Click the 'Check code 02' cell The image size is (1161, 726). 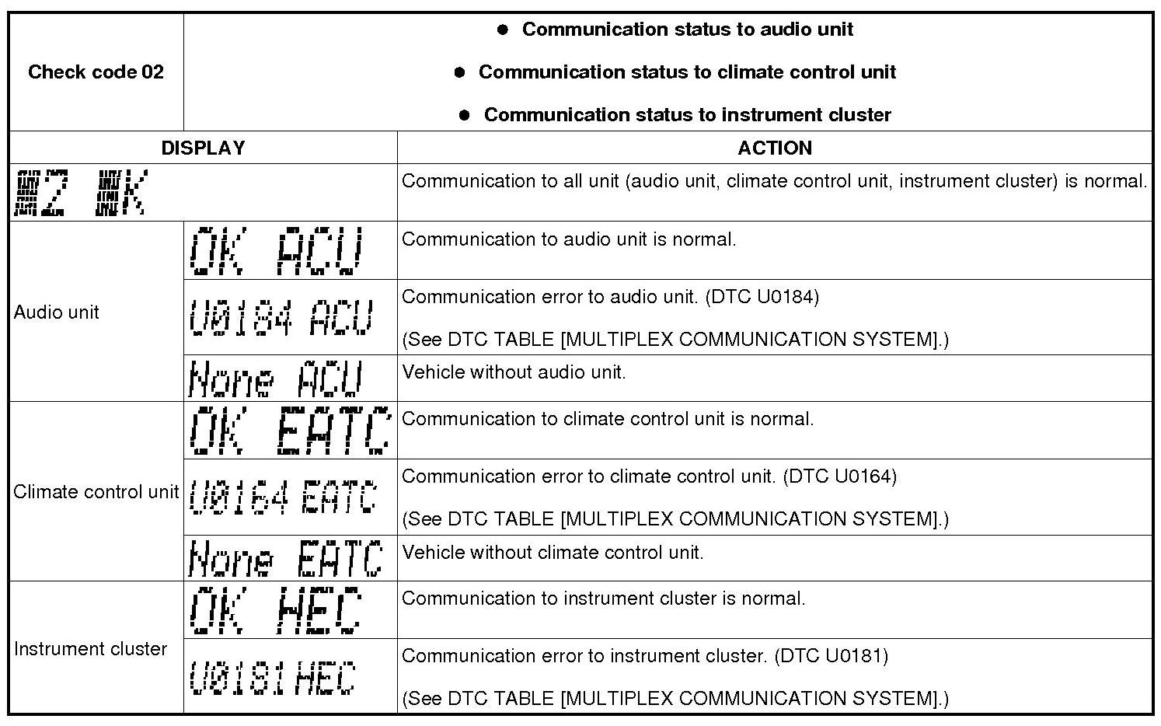(x=96, y=72)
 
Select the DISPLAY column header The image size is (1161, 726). (x=203, y=148)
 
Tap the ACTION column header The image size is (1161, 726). (x=774, y=148)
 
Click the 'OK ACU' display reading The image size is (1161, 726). (x=276, y=251)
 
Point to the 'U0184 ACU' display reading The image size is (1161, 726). (x=281, y=317)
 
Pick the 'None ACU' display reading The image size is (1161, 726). (x=276, y=379)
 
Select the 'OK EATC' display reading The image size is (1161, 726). (x=289, y=430)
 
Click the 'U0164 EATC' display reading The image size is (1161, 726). (x=284, y=497)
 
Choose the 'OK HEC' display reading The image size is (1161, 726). (x=276, y=610)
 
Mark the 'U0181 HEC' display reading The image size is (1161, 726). (x=272, y=677)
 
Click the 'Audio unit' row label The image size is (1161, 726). (x=57, y=312)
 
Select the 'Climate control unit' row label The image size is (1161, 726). (x=96, y=492)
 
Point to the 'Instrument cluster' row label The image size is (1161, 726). (x=90, y=649)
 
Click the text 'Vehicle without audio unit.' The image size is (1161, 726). (x=514, y=372)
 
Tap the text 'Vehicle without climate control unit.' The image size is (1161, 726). (x=553, y=553)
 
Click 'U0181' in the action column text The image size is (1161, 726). (x=856, y=656)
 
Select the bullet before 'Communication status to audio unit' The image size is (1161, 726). (x=503, y=30)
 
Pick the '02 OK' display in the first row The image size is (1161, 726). (x=80, y=193)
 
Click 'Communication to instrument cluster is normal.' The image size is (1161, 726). (x=603, y=599)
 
